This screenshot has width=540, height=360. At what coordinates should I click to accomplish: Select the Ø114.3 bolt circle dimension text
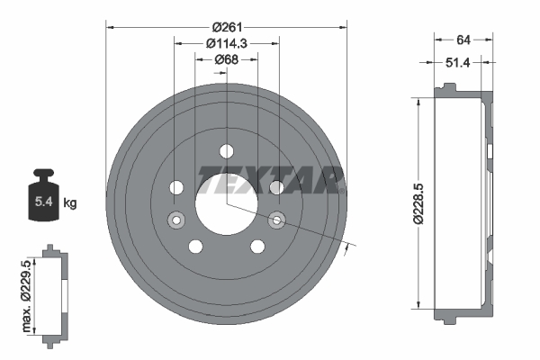(226, 42)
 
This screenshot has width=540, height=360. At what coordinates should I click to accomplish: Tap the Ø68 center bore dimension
(226, 59)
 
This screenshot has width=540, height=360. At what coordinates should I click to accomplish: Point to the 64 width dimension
(463, 40)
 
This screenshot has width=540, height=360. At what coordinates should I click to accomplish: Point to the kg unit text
(70, 202)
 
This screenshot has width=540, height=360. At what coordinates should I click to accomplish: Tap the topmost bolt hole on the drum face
(226, 150)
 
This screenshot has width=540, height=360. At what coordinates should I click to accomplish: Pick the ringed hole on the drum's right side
(277, 218)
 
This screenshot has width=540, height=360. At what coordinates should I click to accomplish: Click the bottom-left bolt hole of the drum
(195, 246)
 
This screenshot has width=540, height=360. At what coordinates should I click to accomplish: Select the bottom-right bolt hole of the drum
(257, 246)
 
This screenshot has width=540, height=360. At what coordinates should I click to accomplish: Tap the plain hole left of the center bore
(175, 187)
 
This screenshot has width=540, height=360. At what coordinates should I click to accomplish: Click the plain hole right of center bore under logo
(276, 187)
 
